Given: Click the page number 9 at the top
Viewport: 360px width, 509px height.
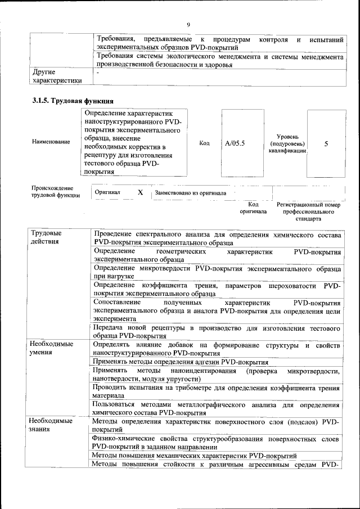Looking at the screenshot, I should [x=188, y=24].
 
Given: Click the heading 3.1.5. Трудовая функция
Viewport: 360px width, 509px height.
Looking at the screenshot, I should [x=73, y=101].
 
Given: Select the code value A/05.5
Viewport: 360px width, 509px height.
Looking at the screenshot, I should [x=235, y=143].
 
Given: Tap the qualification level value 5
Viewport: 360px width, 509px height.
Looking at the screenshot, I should [x=326, y=143].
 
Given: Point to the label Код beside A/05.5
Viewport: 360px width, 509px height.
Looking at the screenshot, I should [x=205, y=143].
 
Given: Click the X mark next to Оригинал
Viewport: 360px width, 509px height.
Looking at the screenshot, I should [x=141, y=192].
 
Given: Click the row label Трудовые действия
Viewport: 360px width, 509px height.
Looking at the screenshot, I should [x=47, y=237].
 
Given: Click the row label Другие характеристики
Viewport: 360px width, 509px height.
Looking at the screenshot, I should [x=57, y=76].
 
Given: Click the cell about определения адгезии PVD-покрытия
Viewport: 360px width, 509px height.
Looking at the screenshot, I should [x=180, y=362].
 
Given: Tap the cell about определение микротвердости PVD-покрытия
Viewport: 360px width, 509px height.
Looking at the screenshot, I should [x=217, y=273].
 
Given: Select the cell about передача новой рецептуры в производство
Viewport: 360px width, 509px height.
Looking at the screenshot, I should [x=217, y=331].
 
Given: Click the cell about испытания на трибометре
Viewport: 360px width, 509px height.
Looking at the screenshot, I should [x=217, y=391].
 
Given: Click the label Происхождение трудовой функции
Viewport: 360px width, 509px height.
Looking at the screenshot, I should [x=52, y=192].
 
